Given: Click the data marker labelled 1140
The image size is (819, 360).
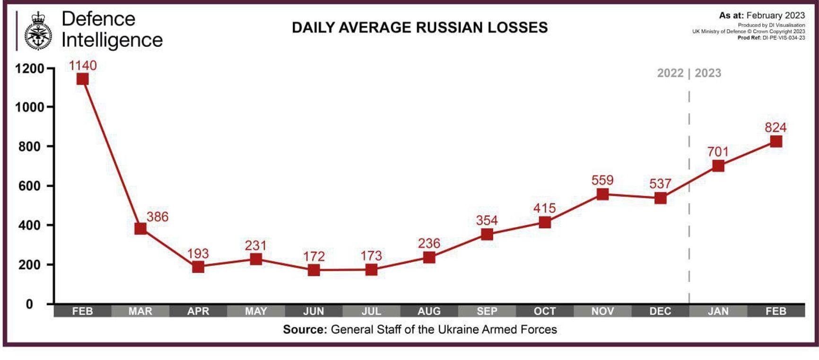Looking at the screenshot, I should tap(82, 79).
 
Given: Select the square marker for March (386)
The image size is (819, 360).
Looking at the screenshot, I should tap(140, 228).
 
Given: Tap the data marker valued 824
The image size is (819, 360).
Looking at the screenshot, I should tap(776, 141).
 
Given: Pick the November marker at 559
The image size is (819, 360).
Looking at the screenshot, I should tap(602, 194).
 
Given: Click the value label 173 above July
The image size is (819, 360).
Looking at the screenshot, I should tap(371, 256).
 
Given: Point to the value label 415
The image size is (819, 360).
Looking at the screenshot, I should tap(545, 208).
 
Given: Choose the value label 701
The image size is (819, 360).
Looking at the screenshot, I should tap(718, 152).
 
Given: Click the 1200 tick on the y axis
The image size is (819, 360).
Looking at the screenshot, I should tap(29, 69).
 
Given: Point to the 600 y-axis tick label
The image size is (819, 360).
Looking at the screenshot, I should tap(29, 186).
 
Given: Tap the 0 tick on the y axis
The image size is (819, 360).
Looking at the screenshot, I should tap(29, 304).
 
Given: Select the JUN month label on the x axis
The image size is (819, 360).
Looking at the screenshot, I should tap(314, 311).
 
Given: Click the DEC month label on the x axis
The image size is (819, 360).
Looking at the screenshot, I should tap(660, 311).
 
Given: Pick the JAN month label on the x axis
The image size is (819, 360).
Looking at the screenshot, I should tap(718, 311).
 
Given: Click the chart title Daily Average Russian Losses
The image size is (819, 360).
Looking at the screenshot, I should tap(419, 28).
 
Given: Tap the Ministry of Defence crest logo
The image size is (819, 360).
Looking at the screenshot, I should tap(38, 31).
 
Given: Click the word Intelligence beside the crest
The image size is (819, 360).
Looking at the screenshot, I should tap(112, 40).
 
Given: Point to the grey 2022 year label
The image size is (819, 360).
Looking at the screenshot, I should tap(670, 73).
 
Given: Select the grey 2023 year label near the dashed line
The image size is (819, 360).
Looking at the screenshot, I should tap(708, 73).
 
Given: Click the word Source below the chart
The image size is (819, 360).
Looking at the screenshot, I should tap(305, 330).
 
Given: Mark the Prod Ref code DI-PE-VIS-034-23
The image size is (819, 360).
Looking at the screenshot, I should tap(784, 38).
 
